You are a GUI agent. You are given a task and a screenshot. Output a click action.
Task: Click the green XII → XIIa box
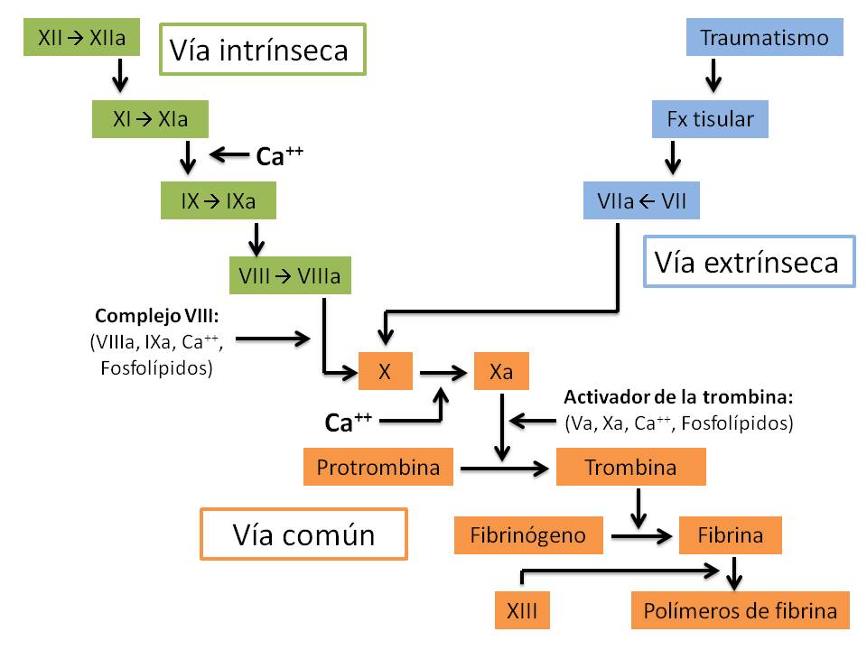point(81,38)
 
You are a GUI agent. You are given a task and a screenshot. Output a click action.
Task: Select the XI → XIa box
point(150,118)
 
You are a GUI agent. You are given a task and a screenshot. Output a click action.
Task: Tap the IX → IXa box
point(218,200)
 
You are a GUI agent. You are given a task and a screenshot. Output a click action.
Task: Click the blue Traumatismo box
point(764,38)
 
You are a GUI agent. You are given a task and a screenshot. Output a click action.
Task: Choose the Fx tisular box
point(710,119)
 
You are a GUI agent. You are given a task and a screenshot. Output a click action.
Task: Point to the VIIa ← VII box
point(641,201)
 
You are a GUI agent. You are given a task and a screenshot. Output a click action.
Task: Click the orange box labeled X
point(385,371)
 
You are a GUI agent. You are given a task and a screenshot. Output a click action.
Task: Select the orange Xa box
point(502,371)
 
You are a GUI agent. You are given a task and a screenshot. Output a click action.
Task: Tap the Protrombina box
point(378,468)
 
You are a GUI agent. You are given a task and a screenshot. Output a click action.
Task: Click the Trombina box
point(630,468)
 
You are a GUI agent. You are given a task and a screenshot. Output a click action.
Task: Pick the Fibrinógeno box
point(527,535)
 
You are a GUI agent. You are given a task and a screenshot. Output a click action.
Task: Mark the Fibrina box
point(730,535)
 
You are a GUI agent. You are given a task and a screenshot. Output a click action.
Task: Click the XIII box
point(522,611)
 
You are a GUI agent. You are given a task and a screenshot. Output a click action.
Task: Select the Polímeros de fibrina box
point(740,611)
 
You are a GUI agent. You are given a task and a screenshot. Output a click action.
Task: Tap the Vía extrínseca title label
point(749,262)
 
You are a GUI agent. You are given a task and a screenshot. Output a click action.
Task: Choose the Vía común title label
point(303,534)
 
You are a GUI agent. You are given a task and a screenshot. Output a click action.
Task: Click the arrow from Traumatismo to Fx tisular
point(713,76)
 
